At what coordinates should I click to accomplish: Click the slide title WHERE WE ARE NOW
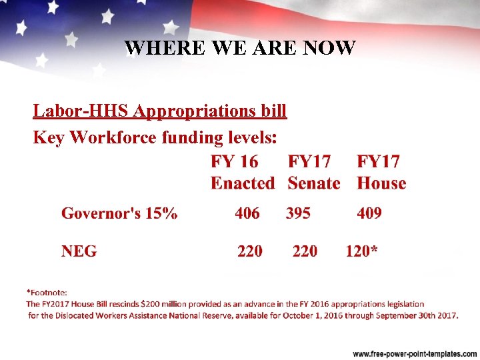click(x=240, y=48)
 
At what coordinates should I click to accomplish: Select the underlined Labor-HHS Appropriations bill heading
click(x=160, y=111)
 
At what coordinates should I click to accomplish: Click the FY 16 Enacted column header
click(x=242, y=172)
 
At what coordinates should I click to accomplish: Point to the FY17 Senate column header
click(x=313, y=172)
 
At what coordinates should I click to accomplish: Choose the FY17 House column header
click(x=381, y=172)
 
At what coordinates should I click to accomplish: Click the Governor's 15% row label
click(x=119, y=213)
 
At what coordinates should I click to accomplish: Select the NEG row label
click(x=79, y=251)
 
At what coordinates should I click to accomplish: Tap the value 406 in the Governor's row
click(x=247, y=213)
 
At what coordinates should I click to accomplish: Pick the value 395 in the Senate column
click(x=298, y=213)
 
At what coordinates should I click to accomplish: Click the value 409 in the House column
click(x=369, y=213)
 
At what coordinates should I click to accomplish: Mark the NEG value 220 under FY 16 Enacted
click(x=250, y=251)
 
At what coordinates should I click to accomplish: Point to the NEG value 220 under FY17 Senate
click(x=305, y=251)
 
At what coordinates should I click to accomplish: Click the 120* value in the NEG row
click(x=361, y=251)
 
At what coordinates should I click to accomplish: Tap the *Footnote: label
click(x=47, y=292)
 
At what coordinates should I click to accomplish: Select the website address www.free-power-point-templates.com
click(x=414, y=353)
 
